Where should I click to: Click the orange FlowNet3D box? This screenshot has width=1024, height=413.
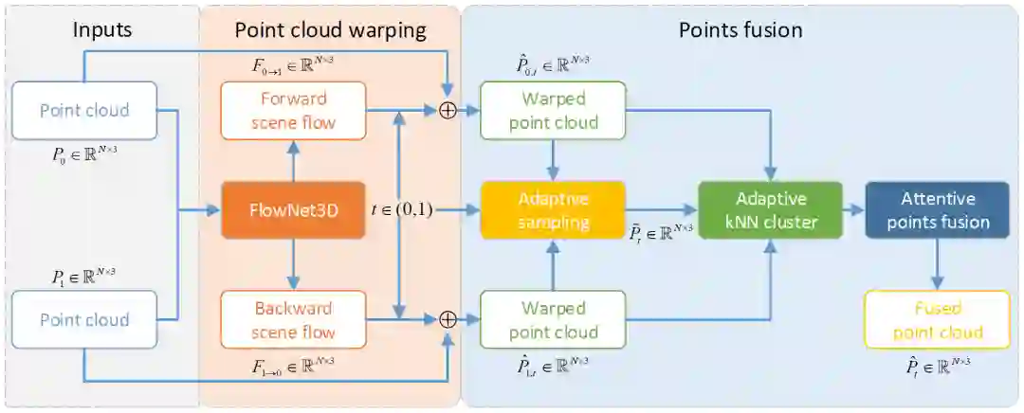point(293,209)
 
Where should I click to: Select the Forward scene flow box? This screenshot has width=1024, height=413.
point(293,111)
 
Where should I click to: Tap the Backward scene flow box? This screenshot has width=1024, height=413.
point(293,320)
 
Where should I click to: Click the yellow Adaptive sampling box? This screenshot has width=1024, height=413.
point(553,209)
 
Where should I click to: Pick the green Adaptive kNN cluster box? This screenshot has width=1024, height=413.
point(770,210)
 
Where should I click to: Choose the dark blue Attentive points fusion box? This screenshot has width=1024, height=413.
point(937,210)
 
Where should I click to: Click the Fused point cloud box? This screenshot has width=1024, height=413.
point(937,320)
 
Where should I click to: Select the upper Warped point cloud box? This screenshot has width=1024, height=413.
point(553,111)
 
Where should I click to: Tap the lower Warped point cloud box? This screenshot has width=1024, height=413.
point(553,320)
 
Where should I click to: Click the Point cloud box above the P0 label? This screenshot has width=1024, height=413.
point(84,111)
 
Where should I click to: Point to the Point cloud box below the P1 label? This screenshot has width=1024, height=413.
point(84,320)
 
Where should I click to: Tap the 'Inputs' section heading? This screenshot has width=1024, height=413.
point(102,29)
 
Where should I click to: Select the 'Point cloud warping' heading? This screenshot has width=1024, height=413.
point(330,29)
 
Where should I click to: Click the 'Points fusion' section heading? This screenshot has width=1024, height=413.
point(741,29)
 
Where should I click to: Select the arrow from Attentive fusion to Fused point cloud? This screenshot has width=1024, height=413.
point(937,263)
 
